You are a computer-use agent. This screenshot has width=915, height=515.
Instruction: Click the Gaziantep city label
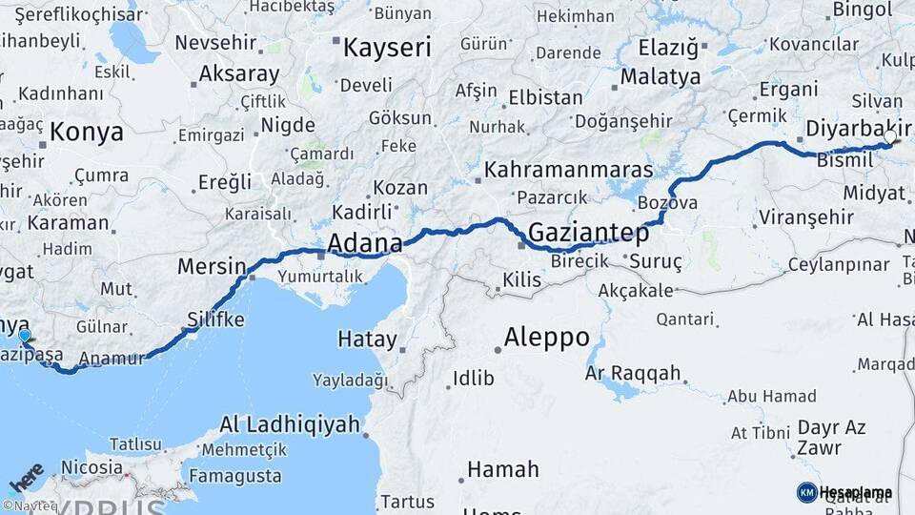[x=588, y=233]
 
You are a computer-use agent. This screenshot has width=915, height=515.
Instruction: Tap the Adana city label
[x=364, y=244]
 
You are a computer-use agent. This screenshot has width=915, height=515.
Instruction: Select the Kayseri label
[x=386, y=48]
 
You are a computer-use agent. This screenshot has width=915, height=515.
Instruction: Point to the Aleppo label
[x=546, y=337]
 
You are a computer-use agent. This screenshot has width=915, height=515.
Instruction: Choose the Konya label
[x=87, y=132]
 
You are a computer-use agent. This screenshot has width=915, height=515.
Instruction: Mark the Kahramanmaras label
[x=568, y=170]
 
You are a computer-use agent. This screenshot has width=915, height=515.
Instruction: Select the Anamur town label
[x=112, y=360]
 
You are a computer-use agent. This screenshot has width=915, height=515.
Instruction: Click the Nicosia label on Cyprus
[x=91, y=467]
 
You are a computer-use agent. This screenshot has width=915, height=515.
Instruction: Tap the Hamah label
[x=502, y=469]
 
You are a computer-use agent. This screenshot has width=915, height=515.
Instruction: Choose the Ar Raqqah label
[x=633, y=372]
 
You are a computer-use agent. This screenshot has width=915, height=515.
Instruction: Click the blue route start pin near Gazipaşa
[x=25, y=336]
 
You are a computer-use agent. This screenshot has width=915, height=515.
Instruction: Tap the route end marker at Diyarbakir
[x=889, y=138]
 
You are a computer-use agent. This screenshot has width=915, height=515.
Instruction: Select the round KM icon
[x=806, y=492]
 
